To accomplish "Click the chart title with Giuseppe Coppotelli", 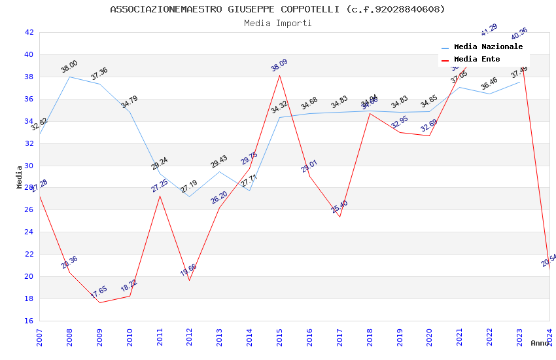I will click(x=277, y=9).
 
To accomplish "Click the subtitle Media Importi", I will click(x=277, y=24).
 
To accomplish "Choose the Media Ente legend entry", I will click(x=476, y=60).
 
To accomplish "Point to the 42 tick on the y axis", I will click(x=28, y=32).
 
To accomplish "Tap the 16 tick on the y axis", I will click(x=28, y=321).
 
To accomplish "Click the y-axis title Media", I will click(x=20, y=176).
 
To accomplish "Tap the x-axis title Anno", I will click(x=540, y=343).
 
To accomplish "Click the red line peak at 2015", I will click(x=280, y=75).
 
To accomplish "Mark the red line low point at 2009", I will click(x=99, y=302).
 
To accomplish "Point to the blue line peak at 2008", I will click(x=69, y=77).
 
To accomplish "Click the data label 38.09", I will click(x=279, y=65).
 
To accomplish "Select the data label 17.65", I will click(x=99, y=292).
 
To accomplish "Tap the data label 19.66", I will click(x=188, y=270).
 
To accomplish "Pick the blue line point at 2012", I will click(x=190, y=196).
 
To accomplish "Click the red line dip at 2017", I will click(x=339, y=217).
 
